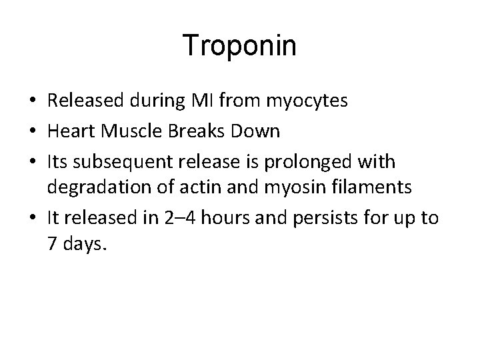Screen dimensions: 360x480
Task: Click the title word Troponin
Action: pyautogui.click(x=240, y=46)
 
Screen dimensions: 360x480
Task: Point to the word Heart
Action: pyautogui.click(x=69, y=131)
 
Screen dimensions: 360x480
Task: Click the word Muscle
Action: pyautogui.click(x=124, y=131)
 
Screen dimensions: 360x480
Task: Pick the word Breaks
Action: pyautogui.click(x=189, y=131)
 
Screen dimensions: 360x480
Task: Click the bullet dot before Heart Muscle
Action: pyautogui.click(x=33, y=131)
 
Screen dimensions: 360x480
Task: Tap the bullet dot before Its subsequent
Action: pyautogui.click(x=33, y=161)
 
